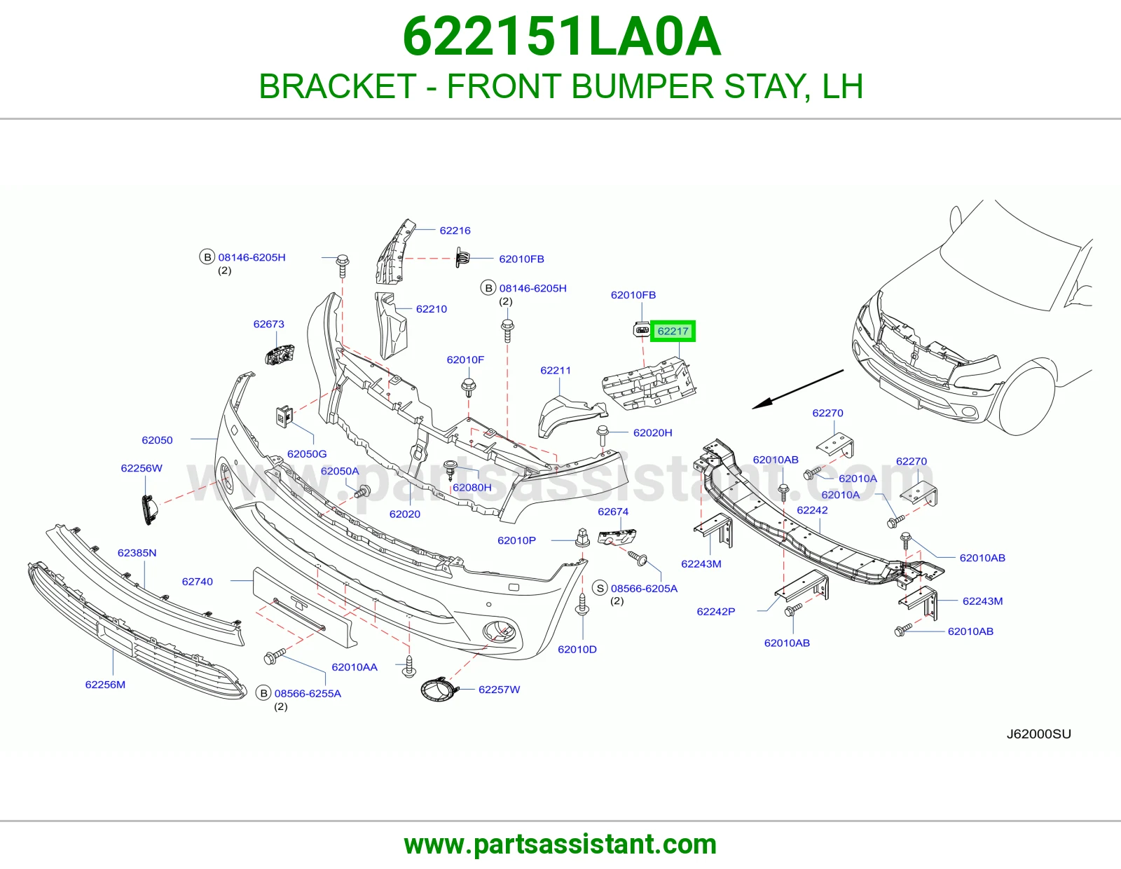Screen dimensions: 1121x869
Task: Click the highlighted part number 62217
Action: click(x=673, y=331)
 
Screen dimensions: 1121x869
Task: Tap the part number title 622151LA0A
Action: click(x=561, y=36)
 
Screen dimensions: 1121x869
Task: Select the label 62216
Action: click(x=455, y=231)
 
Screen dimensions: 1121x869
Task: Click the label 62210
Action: click(x=432, y=309)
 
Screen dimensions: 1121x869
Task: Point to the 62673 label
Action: click(x=268, y=324)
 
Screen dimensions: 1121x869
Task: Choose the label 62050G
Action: click(x=307, y=454)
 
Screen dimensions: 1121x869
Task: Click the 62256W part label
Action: click(x=142, y=468)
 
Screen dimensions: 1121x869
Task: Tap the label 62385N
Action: click(x=137, y=553)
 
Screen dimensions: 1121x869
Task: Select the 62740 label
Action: click(x=197, y=582)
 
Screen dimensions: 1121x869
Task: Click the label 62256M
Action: click(x=105, y=685)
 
